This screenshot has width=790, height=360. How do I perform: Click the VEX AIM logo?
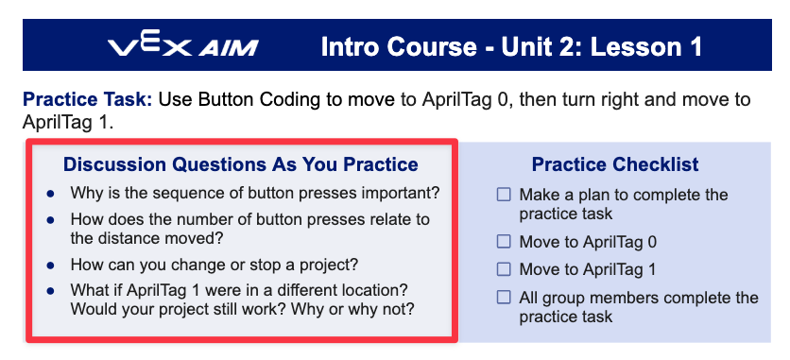(x=183, y=45)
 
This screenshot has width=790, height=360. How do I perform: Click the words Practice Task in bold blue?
(x=88, y=100)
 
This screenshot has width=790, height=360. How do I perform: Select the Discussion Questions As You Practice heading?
(x=241, y=164)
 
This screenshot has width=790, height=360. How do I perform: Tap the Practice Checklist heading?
(x=615, y=164)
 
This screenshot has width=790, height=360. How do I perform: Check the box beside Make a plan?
(x=504, y=195)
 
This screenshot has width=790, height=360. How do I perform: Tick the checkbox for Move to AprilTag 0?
(x=504, y=242)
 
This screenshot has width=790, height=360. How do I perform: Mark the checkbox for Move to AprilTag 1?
(x=504, y=270)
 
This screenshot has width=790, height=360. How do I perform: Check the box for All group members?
(x=504, y=297)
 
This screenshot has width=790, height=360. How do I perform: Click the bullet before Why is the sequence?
(x=50, y=194)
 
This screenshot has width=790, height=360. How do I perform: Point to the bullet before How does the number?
(x=50, y=220)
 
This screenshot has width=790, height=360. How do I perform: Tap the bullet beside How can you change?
(x=50, y=265)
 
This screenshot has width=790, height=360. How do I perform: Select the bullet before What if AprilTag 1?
(x=50, y=291)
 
